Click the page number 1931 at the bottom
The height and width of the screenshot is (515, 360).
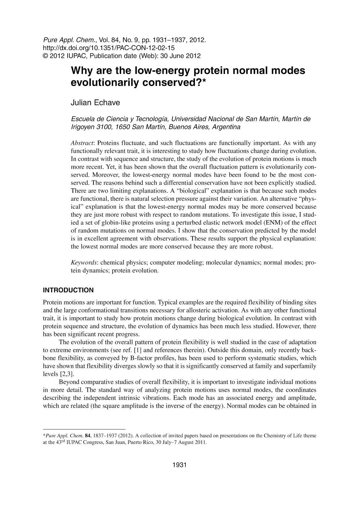point(179,465)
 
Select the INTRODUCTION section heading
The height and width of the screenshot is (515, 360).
point(68,290)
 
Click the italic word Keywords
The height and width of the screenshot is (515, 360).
point(84,263)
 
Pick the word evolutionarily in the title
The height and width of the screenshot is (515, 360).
point(103,83)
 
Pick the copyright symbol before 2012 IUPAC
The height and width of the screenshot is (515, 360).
point(45,56)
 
